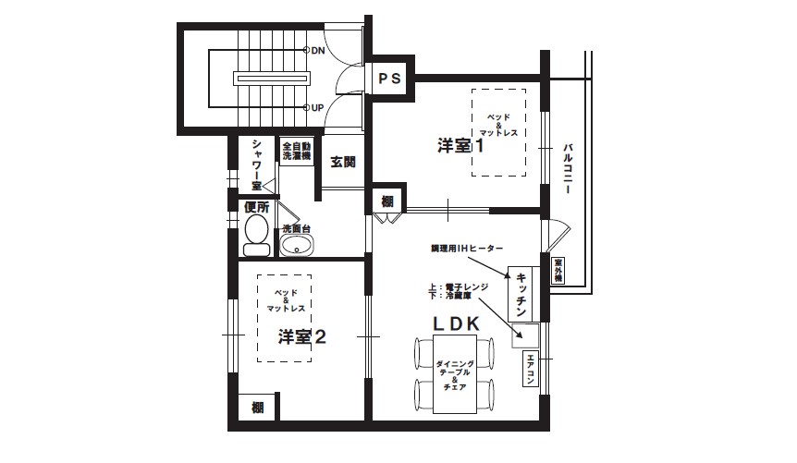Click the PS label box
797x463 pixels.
388,79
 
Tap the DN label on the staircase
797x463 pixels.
317,50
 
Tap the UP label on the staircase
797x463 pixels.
317,108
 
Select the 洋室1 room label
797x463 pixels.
461,146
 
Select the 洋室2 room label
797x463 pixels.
302,336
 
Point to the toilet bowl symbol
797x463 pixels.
256,232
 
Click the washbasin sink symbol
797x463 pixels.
297,244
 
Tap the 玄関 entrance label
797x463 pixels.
343,163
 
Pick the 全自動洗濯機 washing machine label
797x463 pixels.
297,152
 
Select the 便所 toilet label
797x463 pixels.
257,207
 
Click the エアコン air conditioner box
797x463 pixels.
531,371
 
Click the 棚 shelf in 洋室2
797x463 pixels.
257,408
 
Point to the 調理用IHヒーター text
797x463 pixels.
467,250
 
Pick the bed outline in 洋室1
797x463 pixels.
498,131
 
